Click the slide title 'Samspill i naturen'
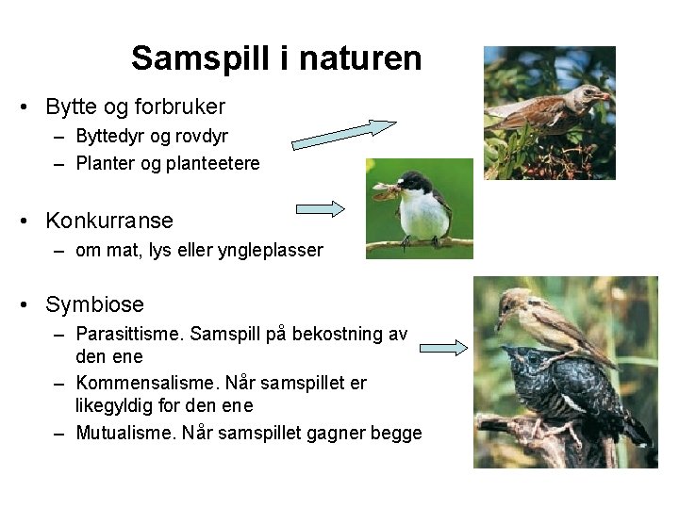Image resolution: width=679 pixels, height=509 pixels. (x=276, y=58)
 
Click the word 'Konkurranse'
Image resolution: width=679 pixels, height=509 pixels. (x=109, y=222)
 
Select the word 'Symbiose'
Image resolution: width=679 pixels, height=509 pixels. (x=94, y=305)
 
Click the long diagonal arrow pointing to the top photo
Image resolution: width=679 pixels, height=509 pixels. (x=344, y=134)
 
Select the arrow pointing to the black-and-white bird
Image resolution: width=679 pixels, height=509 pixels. (x=321, y=209)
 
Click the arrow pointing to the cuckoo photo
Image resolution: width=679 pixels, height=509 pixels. (x=444, y=348)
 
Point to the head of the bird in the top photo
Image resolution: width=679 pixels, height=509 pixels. (x=592, y=94)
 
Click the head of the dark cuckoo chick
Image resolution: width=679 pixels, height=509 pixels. (x=521, y=361)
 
